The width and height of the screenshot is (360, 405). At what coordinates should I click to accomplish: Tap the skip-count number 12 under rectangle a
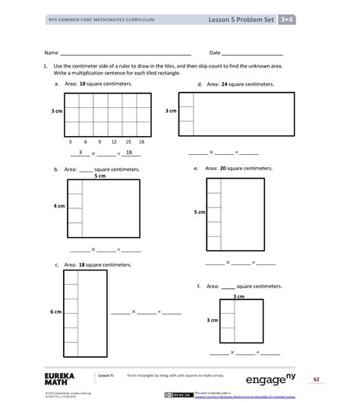coord(113,141)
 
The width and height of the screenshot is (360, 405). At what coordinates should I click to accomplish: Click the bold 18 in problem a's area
coord(82,84)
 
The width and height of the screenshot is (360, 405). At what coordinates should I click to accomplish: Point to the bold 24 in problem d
coord(224,84)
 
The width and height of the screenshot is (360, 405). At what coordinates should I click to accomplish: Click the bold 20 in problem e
coord(223,168)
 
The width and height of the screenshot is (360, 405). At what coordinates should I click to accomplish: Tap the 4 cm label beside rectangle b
coord(58,205)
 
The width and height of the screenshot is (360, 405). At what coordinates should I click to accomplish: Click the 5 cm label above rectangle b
coord(99,176)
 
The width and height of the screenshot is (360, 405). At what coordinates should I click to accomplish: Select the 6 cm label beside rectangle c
coord(55,312)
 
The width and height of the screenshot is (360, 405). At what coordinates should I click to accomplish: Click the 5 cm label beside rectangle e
coord(199,212)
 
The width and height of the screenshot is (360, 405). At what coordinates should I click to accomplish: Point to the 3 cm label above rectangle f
coord(238,296)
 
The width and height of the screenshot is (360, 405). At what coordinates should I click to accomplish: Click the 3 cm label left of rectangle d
coord(171,111)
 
